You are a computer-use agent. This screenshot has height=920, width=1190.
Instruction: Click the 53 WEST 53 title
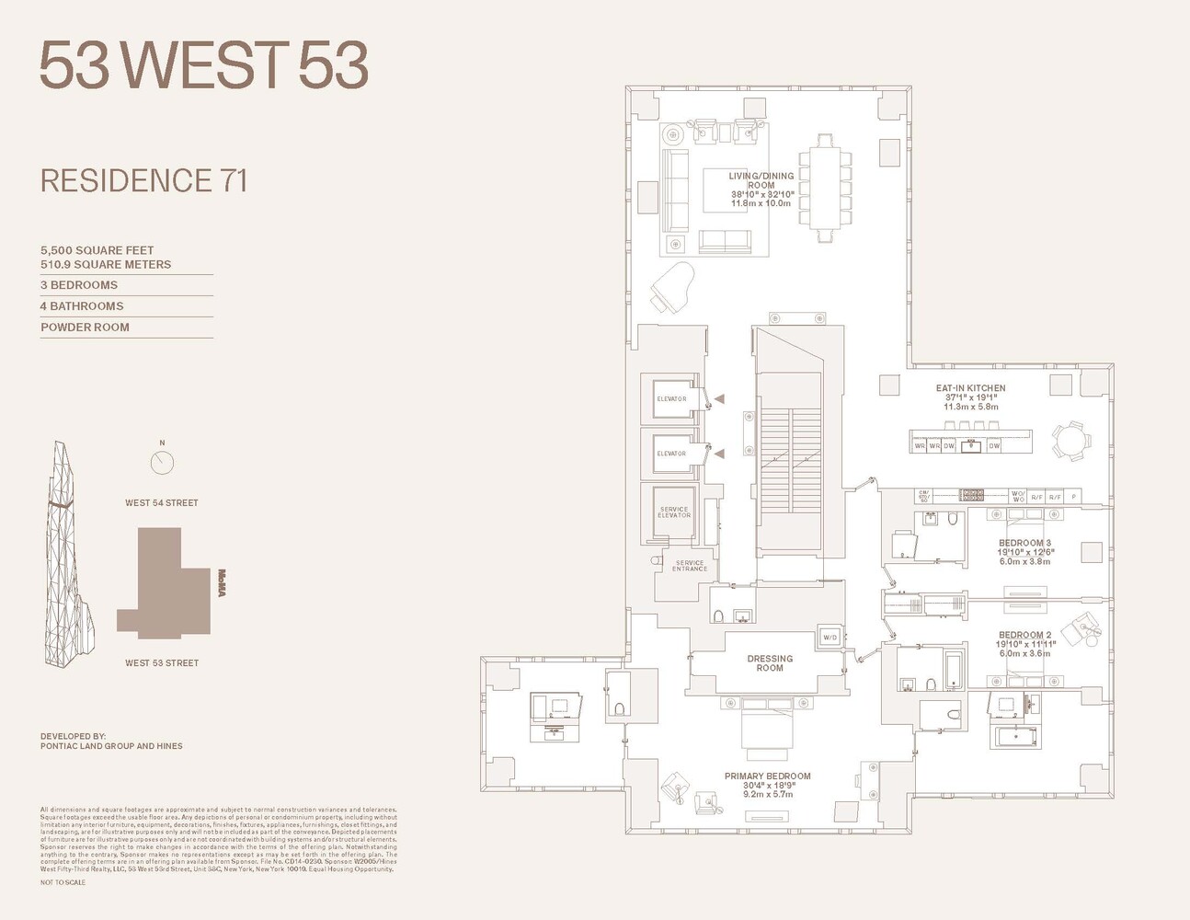[203, 64]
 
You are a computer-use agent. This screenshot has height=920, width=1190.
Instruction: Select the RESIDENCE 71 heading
[144, 180]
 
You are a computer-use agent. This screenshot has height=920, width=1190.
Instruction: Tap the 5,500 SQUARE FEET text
[97, 250]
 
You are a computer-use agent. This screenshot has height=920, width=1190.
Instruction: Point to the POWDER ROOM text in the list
[85, 327]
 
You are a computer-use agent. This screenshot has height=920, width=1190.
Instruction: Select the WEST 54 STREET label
[162, 502]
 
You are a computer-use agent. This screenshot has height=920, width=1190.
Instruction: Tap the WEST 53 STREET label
[162, 662]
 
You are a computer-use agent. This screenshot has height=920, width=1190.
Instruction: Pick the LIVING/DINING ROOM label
[761, 180]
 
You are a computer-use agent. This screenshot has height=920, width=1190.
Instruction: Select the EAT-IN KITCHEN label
[970, 388]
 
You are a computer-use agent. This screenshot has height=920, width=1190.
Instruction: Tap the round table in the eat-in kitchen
[1070, 441]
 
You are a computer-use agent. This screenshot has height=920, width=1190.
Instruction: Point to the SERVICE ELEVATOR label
[673, 512]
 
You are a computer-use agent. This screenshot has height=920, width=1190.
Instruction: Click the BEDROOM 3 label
[1024, 543]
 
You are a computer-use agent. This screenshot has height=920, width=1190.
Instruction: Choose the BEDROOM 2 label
[1024, 635]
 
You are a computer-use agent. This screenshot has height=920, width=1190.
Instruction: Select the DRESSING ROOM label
[770, 663]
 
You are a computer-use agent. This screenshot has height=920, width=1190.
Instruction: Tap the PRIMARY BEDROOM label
[767, 776]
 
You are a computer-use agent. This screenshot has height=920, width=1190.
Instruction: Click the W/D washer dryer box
[830, 637]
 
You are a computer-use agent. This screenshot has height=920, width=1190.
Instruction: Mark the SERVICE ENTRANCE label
[690, 566]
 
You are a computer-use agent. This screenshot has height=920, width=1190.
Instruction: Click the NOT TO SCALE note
[63, 882]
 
